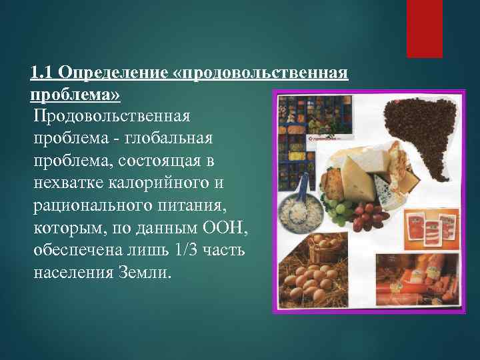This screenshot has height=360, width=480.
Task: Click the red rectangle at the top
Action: click(x=425, y=29)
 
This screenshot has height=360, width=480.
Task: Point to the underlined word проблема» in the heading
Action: click(x=75, y=94)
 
